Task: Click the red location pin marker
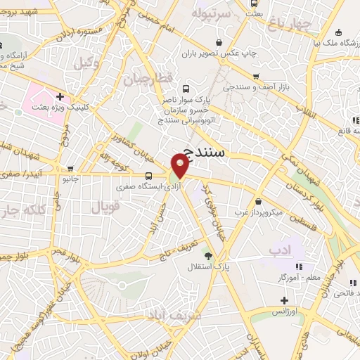181,166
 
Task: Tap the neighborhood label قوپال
106,206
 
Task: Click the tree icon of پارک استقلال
207,254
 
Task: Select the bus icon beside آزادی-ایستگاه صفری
148,176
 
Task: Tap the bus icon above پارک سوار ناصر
186,89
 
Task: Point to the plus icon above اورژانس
283,300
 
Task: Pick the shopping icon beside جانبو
70,168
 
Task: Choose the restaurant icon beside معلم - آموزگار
299,266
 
